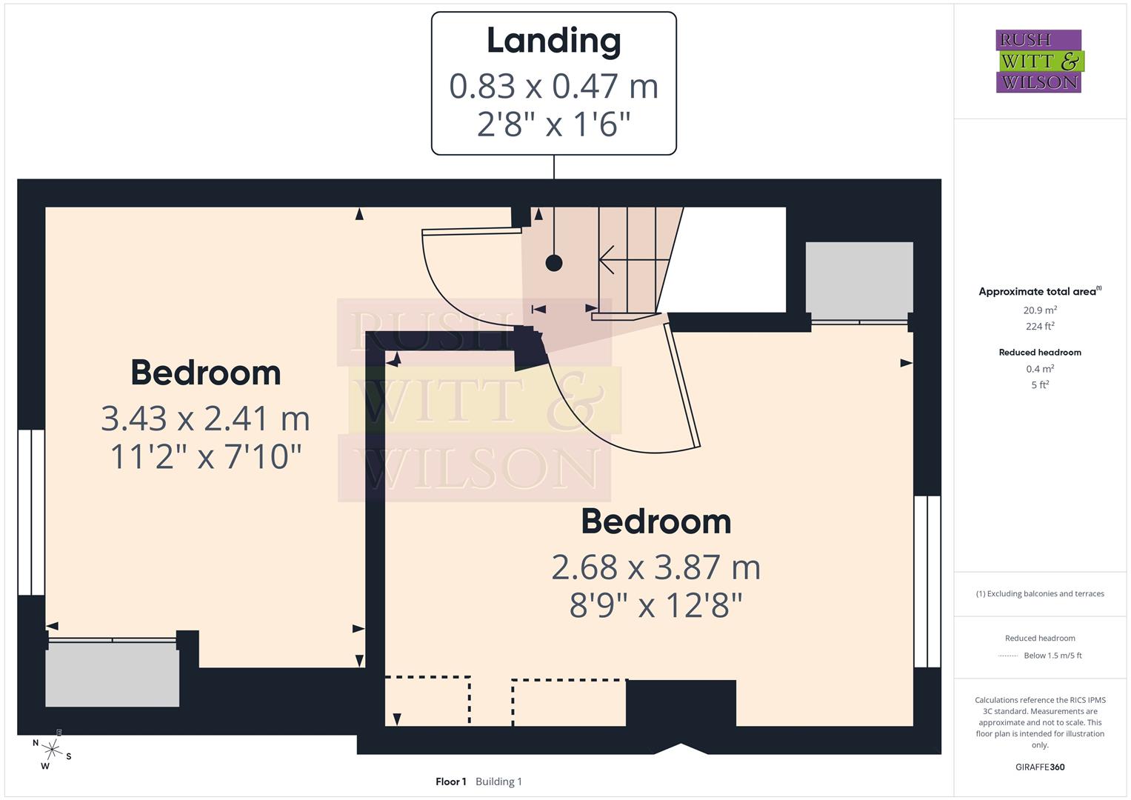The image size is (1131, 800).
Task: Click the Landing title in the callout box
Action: (x=553, y=41)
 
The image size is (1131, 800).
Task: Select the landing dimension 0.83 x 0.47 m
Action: (x=553, y=86)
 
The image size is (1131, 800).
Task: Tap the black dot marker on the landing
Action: (x=554, y=262)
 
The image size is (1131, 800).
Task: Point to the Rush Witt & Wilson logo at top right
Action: (x=1038, y=61)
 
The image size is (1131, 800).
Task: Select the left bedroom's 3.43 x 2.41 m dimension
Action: (x=205, y=419)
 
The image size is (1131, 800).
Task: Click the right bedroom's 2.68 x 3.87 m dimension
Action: (x=655, y=567)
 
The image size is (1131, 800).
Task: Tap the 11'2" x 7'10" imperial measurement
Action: (x=205, y=457)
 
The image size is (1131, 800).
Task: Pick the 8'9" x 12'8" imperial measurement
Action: (x=655, y=605)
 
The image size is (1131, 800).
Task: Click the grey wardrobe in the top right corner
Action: (x=859, y=277)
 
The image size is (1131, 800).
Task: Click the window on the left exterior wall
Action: (x=31, y=512)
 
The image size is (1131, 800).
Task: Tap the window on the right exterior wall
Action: (x=927, y=581)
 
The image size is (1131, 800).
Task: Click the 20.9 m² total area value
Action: (x=1040, y=310)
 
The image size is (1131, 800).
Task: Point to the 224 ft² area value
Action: (x=1040, y=326)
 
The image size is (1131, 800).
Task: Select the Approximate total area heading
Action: (x=1038, y=291)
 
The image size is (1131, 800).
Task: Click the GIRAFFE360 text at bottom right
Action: (x=1040, y=767)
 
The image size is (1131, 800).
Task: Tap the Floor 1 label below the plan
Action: (x=450, y=781)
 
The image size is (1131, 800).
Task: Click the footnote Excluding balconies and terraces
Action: (x=1040, y=593)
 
